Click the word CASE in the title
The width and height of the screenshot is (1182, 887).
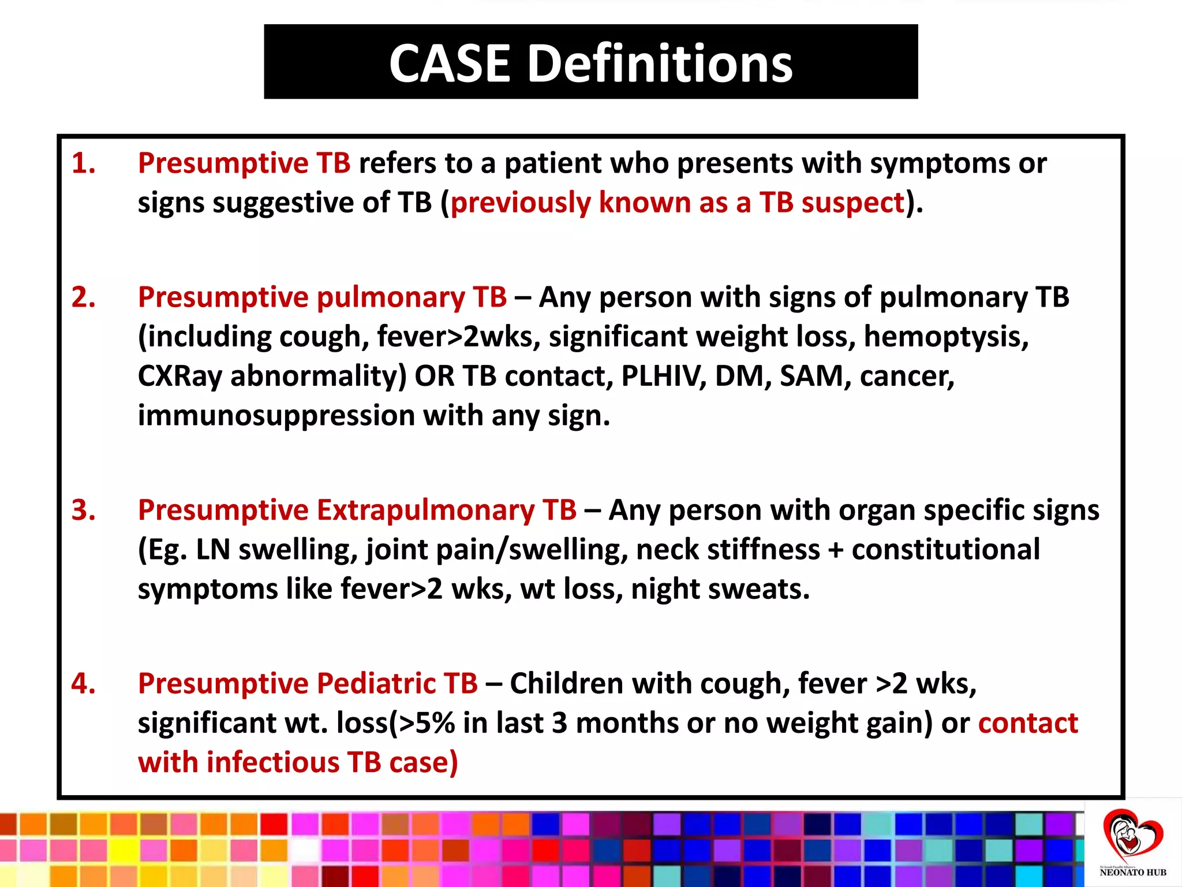(x=450, y=63)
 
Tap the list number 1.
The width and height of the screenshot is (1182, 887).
(x=83, y=163)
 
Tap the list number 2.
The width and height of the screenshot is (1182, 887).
(x=83, y=297)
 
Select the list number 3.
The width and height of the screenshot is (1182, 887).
(x=83, y=510)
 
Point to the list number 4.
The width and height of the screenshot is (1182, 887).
(x=83, y=683)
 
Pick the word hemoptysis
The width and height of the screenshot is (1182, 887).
(x=946, y=337)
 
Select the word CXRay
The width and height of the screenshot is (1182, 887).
(x=179, y=377)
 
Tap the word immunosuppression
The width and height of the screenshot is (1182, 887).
(x=276, y=416)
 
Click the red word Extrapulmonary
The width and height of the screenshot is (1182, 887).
(x=425, y=510)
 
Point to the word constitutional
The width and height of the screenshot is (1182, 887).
(x=945, y=549)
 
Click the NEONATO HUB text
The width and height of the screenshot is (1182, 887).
(x=1132, y=873)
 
